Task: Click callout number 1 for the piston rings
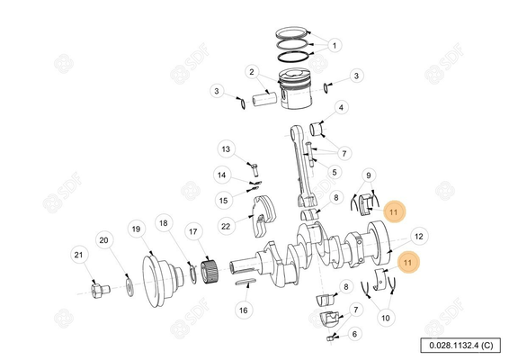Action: (335, 44)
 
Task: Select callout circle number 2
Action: (253, 72)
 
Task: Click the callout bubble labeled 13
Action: (226, 149)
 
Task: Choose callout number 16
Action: (242, 310)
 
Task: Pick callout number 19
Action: (136, 230)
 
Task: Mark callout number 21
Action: (79, 256)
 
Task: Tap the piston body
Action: (296, 90)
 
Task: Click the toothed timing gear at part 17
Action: (209, 267)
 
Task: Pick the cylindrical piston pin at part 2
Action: (266, 94)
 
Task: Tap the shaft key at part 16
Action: (248, 284)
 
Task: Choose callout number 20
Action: (103, 240)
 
